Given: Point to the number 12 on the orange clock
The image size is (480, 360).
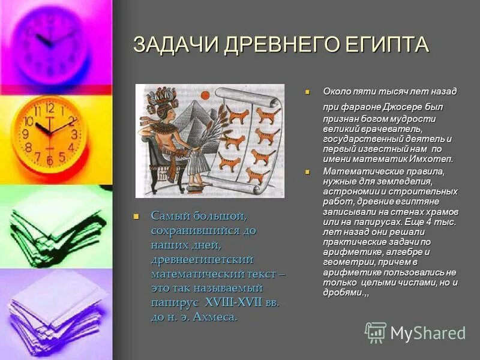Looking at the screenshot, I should [x=49, y=109].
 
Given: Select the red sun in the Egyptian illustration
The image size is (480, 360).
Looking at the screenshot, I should [x=204, y=94].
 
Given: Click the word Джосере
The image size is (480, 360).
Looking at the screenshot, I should [x=393, y=107].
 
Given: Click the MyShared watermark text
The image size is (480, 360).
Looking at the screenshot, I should [x=427, y=333].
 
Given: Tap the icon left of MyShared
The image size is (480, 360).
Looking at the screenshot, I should [x=376, y=332].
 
